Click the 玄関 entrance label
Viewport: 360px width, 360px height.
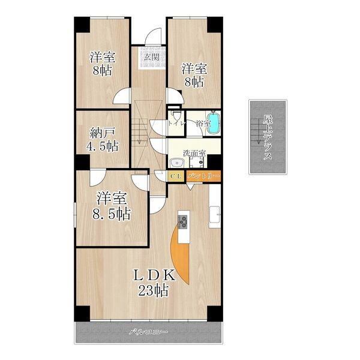point(152,57)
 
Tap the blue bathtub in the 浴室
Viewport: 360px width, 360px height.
point(214,122)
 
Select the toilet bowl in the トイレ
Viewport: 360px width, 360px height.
point(176,115)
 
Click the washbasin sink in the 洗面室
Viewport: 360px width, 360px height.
point(177,163)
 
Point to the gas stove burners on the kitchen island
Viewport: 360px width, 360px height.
point(182,221)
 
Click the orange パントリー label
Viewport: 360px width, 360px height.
point(203,176)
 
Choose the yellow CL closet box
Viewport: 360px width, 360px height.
point(176,176)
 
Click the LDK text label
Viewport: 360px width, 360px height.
point(154,275)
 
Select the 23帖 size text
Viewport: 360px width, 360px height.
point(154,290)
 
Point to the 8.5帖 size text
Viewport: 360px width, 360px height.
point(112,214)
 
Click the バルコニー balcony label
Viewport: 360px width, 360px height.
point(148,332)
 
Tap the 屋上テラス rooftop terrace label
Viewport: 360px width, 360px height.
point(268,137)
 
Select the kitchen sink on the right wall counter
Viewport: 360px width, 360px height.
point(215,214)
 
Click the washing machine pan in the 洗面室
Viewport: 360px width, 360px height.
point(197,163)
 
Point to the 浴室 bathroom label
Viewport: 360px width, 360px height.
point(203,124)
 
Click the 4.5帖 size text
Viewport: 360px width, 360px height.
point(103,146)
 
